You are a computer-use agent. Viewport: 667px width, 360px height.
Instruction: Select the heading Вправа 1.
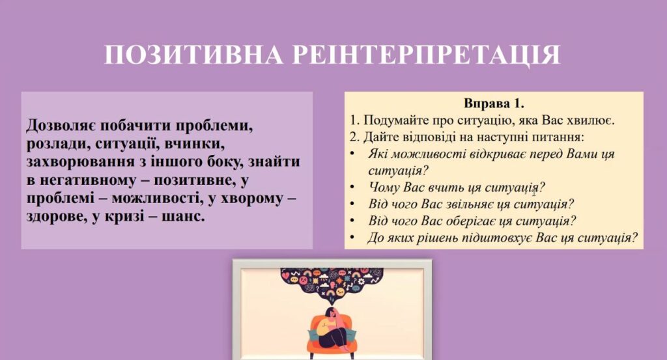[x=494, y=104]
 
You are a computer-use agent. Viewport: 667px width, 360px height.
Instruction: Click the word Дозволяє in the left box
[x=62, y=126]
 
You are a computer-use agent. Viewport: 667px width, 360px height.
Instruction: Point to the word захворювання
[x=79, y=162]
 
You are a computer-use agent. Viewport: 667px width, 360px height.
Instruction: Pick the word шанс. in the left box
[x=183, y=216]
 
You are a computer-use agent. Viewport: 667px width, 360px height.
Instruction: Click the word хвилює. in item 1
[x=591, y=120]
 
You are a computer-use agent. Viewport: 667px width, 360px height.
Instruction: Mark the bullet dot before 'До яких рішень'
[x=352, y=237]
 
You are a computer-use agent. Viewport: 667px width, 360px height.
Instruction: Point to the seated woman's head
[x=332, y=313]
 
